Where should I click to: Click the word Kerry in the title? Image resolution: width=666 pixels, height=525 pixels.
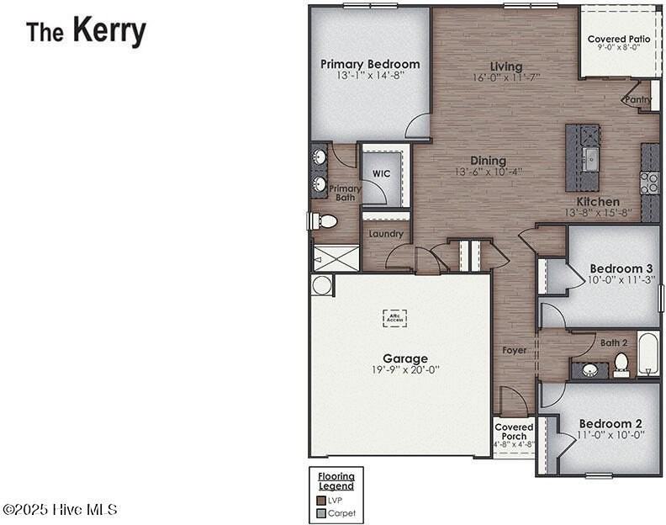[108, 30]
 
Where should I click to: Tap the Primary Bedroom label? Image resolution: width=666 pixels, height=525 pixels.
[370, 64]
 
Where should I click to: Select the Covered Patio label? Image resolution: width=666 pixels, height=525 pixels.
[618, 39]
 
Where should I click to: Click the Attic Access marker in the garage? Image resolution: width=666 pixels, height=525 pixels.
[394, 317]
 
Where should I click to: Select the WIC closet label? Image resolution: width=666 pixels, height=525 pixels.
[381, 174]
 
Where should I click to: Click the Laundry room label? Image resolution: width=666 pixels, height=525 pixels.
[386, 234]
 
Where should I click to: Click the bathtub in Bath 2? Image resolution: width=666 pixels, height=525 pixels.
[647, 354]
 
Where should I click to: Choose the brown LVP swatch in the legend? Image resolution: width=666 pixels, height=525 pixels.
[320, 500]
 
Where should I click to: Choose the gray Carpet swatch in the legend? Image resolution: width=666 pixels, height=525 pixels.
[320, 512]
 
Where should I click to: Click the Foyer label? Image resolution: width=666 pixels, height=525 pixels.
[515, 350]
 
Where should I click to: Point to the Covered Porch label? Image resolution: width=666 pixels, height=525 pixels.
[514, 432]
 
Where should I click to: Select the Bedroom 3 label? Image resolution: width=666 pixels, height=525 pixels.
[621, 268]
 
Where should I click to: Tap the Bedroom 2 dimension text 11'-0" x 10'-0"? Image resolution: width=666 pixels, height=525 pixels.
[611, 435]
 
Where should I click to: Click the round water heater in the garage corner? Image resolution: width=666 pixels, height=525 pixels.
[321, 285]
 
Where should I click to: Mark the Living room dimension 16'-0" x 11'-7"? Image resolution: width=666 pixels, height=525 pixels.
[506, 77]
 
